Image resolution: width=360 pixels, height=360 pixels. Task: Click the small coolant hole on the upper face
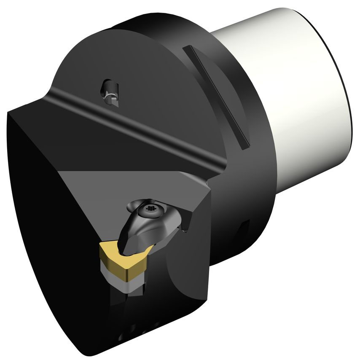110,90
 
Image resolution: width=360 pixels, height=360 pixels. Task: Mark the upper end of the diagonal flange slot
187,49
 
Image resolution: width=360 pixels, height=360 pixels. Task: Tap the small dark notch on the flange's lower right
244,229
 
